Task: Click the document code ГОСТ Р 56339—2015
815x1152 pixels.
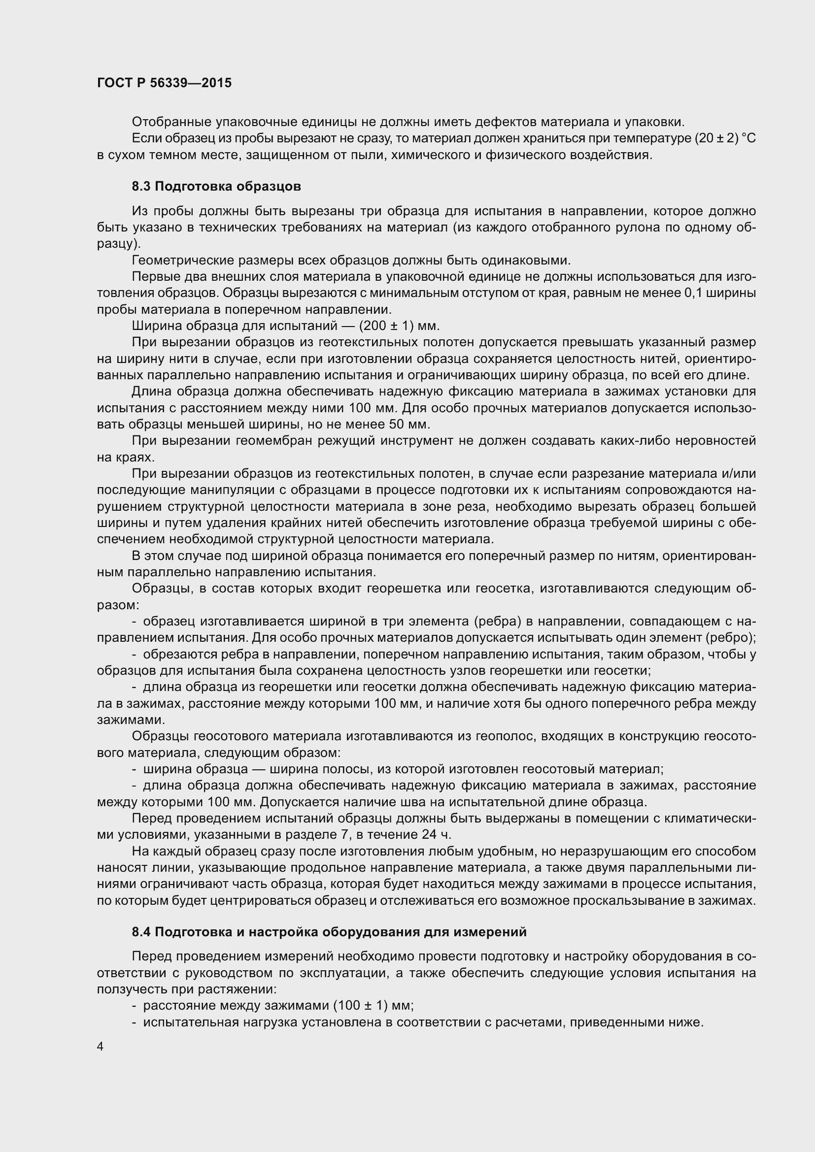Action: point(164,83)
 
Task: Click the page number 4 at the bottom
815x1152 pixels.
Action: point(101,1046)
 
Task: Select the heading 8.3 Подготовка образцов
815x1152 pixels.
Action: point(216,187)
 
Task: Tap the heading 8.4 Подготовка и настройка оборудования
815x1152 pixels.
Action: point(329,932)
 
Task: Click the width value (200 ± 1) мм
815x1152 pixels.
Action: point(400,326)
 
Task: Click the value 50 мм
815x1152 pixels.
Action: point(409,425)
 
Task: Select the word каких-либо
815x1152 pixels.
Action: point(625,441)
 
